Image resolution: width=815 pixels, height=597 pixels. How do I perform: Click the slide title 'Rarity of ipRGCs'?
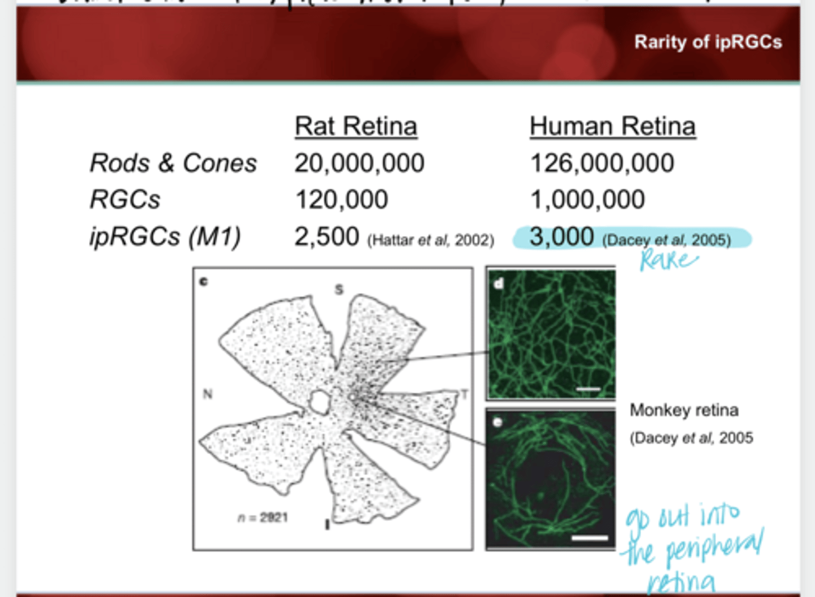click(707, 42)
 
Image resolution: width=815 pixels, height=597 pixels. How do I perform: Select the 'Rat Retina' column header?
click(356, 126)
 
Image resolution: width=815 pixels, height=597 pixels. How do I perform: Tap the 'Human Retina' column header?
click(612, 126)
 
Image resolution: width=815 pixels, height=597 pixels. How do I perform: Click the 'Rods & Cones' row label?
click(173, 163)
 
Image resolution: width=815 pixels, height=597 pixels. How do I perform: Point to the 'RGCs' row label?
click(125, 199)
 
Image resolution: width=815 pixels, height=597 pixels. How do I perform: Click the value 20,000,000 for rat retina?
click(359, 163)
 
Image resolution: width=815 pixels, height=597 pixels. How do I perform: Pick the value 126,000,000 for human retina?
click(602, 163)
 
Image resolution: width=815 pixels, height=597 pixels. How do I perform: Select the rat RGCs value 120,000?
click(342, 199)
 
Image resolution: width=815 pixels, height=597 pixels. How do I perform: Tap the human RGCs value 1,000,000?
click(587, 199)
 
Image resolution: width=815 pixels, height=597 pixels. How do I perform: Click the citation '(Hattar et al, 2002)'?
click(431, 241)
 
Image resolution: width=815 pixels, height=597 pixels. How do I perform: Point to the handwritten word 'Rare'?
click(668, 261)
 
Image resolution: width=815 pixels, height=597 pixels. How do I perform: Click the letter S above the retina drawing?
click(339, 290)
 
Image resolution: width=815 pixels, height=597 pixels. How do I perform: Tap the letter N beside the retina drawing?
click(208, 394)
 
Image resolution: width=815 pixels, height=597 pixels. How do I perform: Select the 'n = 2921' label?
click(263, 518)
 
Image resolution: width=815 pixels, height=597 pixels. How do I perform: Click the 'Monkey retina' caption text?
click(684, 410)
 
